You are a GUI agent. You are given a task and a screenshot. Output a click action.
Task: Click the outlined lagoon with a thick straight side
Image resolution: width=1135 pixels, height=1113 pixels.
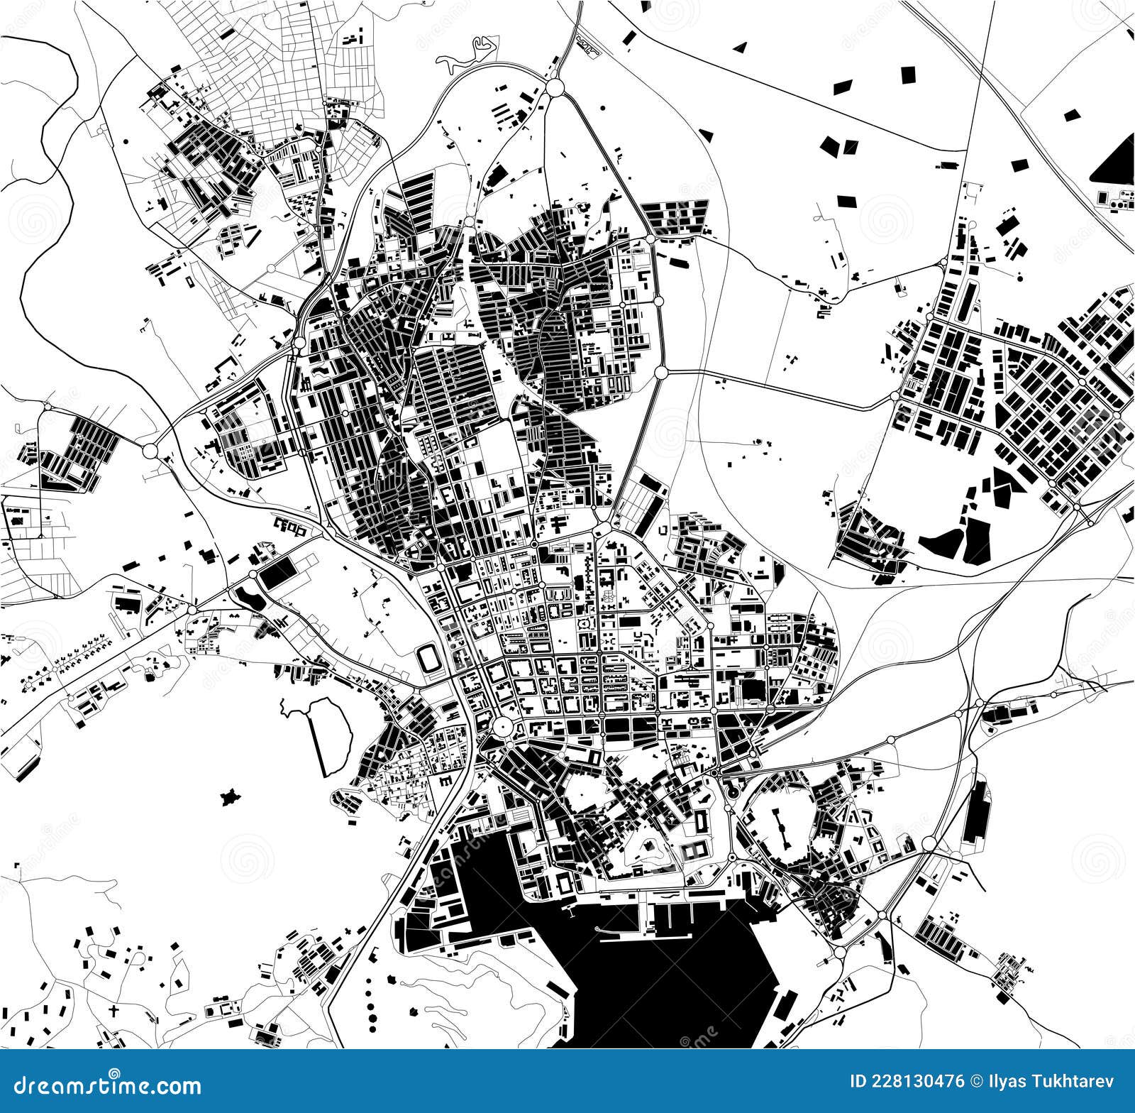point(331,735)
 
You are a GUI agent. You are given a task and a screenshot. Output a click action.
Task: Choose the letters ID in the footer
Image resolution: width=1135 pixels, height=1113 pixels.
point(858,1082)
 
